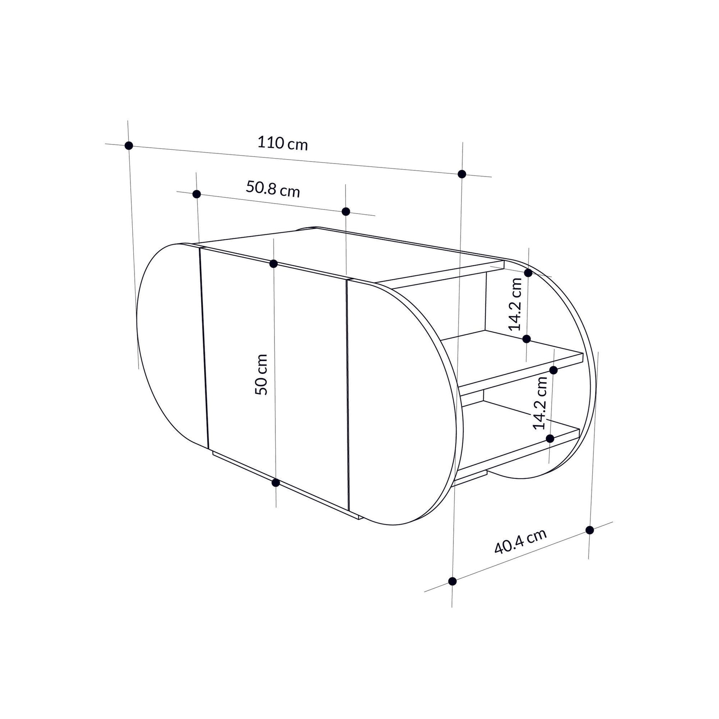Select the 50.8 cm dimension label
pos(272,189)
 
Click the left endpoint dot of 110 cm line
pos(129,146)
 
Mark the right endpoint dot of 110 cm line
pos(462,174)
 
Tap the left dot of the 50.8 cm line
pos(197,194)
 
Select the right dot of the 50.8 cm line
pos(346,211)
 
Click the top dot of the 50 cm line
pos(273,263)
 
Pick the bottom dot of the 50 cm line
pos(275,483)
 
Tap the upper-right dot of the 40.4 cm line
pos(589,530)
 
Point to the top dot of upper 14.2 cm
pos(528,272)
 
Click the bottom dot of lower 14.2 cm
pos(551,438)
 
